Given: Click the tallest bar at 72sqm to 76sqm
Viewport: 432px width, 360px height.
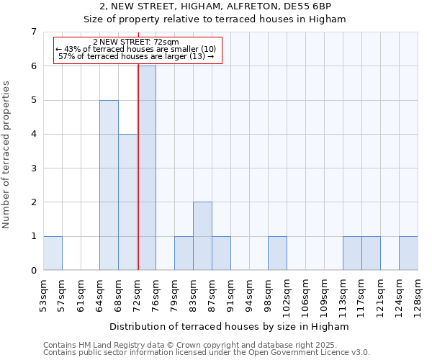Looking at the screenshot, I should tap(147, 168).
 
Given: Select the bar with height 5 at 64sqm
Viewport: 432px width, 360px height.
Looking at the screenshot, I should tap(109, 185).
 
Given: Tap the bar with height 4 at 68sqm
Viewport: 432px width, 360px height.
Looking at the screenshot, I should tap(127, 202).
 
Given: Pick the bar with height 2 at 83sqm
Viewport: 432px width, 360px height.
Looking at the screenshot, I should tap(202, 236).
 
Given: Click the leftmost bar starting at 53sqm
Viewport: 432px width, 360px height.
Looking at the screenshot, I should tap(53, 253).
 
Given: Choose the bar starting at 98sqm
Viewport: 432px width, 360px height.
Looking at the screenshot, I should tap(277, 253).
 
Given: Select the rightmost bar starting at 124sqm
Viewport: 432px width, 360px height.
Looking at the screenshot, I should tap(408, 253).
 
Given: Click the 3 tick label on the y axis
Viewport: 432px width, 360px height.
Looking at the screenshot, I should tap(33, 168).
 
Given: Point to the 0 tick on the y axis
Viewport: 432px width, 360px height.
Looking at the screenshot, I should tap(33, 271).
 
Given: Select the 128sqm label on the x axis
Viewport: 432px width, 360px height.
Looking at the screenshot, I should tap(418, 296).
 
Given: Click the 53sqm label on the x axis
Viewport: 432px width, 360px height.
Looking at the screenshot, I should tap(43, 296).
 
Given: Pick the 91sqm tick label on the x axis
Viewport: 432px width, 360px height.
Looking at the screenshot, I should tap(230, 296).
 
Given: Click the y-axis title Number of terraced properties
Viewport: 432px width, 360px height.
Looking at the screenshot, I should tap(8, 155).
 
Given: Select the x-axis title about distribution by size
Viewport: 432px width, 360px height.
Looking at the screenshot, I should tap(230, 326).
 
